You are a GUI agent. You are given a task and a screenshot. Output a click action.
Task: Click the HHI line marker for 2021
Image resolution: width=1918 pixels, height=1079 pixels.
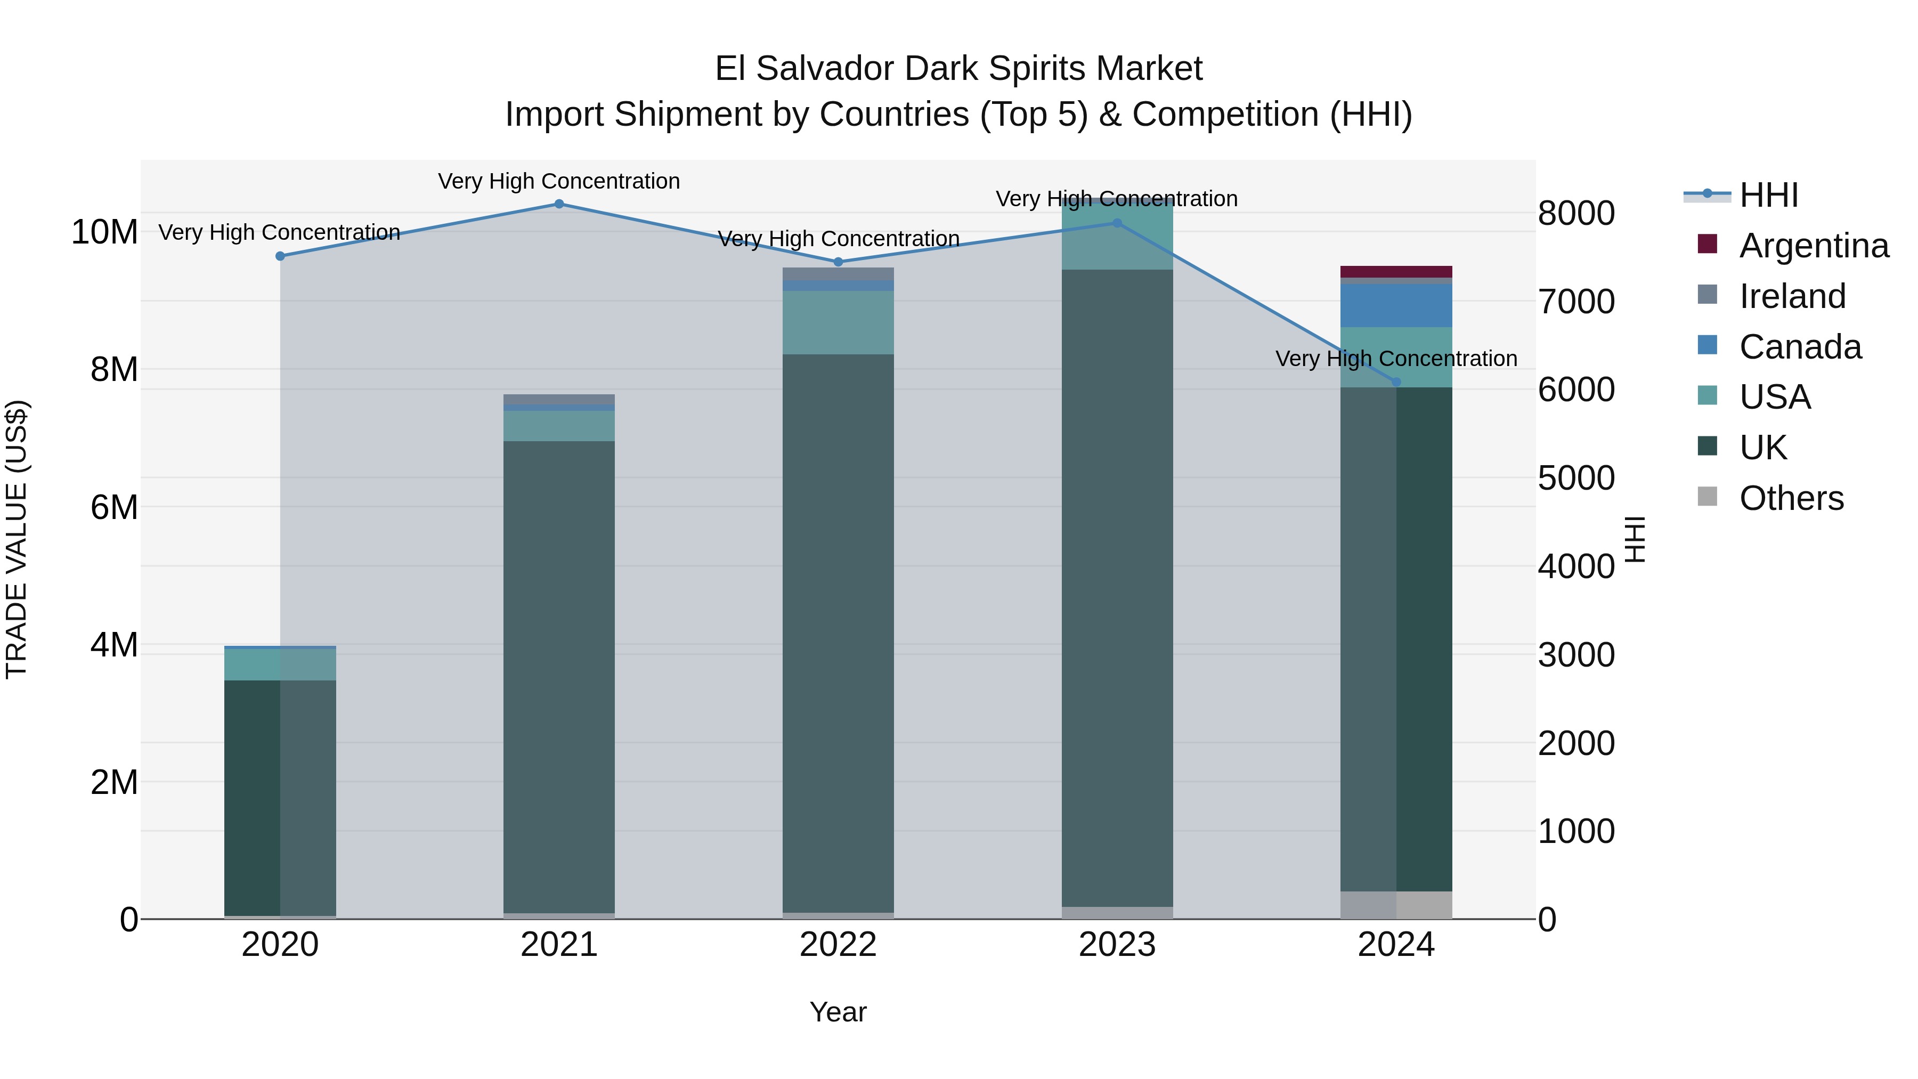point(559,204)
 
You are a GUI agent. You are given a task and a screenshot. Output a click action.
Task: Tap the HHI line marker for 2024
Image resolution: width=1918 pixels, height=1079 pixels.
point(1396,382)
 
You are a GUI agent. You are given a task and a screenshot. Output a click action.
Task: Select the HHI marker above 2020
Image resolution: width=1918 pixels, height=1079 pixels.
point(280,256)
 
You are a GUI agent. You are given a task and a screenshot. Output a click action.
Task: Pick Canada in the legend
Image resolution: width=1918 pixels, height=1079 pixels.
point(1800,347)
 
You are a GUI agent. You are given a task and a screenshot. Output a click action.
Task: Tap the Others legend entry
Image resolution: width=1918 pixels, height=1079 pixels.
point(1791,498)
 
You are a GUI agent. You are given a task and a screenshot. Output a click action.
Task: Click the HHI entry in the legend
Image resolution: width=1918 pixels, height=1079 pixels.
point(1768,195)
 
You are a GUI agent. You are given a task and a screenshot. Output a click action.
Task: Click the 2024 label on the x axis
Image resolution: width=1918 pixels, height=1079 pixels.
point(1396,945)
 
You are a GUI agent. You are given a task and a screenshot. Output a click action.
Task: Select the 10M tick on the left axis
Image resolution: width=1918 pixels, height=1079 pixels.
point(104,232)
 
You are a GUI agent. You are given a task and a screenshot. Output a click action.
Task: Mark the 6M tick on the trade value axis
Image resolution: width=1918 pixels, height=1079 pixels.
point(114,508)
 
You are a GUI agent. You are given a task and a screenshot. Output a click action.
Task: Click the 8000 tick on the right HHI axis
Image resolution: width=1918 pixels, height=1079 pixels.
point(1576,214)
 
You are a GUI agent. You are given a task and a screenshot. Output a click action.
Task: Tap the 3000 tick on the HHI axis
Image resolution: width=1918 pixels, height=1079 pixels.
point(1576,655)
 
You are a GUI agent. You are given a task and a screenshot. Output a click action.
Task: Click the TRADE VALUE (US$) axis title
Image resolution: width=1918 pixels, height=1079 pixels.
point(17,539)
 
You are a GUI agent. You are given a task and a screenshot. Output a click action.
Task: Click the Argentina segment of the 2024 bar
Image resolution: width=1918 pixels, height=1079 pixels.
point(1396,272)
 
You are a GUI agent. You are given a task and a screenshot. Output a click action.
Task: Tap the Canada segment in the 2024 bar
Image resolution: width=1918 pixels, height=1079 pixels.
point(1396,305)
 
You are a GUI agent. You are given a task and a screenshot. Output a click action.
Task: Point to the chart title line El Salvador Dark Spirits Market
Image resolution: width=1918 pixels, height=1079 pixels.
point(958,69)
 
